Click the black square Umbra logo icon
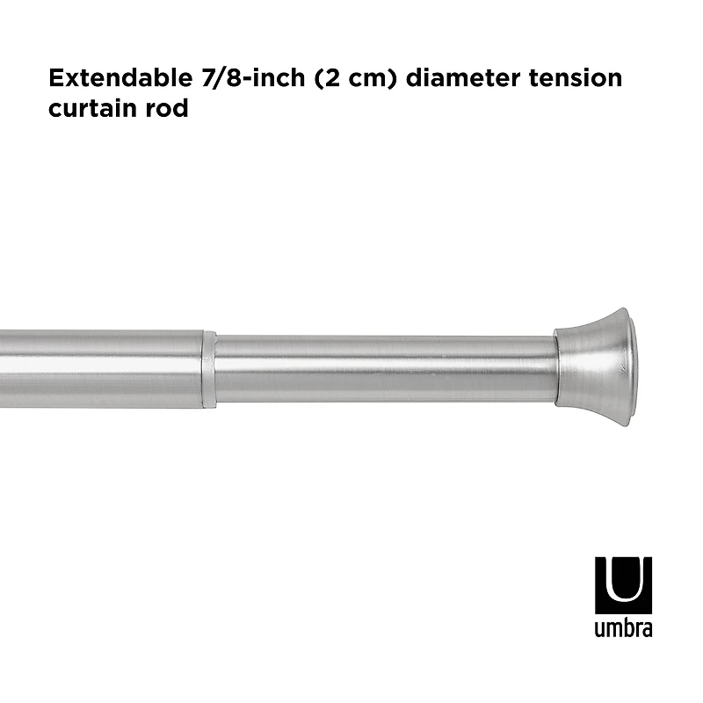tap(624, 584)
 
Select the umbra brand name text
tap(624, 629)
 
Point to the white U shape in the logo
tap(624, 580)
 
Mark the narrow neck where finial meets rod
tap(562, 367)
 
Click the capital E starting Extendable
tap(58, 78)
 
